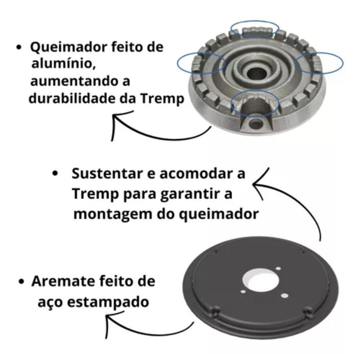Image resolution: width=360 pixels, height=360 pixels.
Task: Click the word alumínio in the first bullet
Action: (x=63, y=64)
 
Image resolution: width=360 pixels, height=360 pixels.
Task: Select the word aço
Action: (x=50, y=303)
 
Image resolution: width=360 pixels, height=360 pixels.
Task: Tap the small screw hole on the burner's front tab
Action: (x=256, y=124)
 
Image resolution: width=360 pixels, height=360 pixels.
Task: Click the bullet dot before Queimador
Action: (x=19, y=47)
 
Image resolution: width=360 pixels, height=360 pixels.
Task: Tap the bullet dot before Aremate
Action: (x=21, y=282)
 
